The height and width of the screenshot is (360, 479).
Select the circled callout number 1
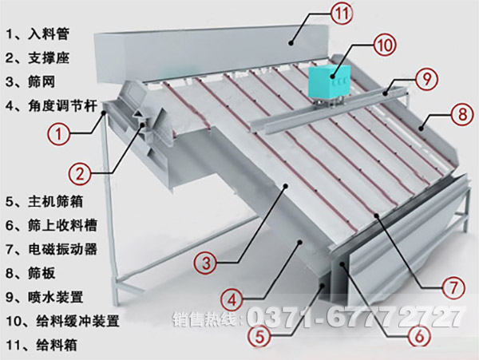point(57,134)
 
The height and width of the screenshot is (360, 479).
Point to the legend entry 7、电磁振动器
point(51,248)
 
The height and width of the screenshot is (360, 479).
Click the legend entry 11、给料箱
point(39,346)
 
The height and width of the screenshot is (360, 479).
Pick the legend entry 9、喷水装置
point(45,297)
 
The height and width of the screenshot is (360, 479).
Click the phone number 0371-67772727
point(357,318)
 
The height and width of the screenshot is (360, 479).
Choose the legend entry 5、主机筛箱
point(45,200)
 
